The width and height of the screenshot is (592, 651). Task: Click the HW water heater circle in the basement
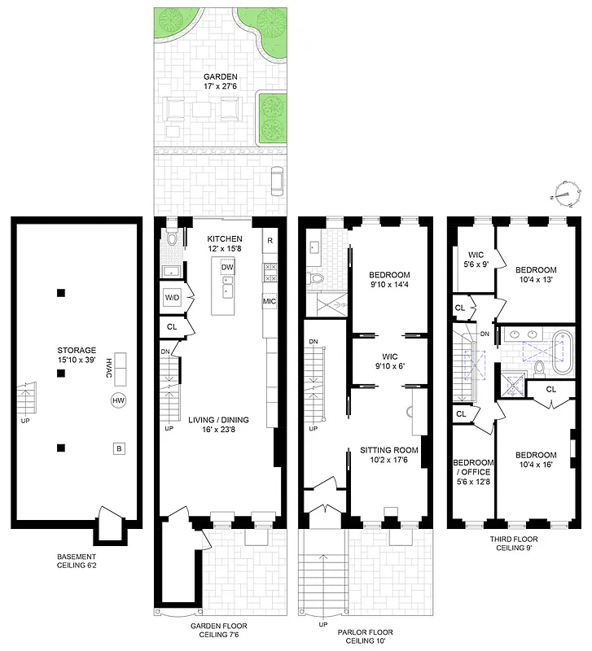pos(119,400)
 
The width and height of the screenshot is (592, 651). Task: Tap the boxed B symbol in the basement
pos(119,448)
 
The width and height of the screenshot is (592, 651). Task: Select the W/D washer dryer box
pos(172,298)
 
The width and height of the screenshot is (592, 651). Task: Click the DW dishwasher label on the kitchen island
pos(228,267)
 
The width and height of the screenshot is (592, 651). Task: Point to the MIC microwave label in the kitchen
pos(270,302)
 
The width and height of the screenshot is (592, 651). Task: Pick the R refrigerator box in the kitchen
pos(270,242)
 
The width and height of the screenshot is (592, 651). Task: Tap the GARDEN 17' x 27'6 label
pos(221,81)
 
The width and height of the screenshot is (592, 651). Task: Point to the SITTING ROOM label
pos(389,454)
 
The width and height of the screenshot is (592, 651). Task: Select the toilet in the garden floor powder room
pos(171,240)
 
